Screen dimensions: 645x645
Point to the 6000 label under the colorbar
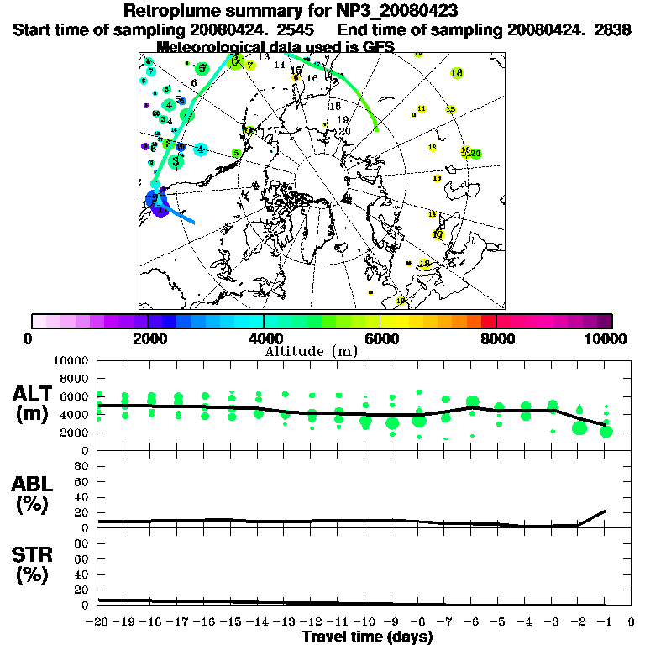(x=380, y=339)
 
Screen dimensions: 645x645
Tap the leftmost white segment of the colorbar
(x=39, y=321)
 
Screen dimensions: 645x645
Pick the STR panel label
(x=34, y=564)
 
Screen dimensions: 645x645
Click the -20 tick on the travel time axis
(x=98, y=622)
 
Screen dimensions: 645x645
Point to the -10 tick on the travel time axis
(x=364, y=622)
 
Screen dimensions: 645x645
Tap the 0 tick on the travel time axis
(x=632, y=622)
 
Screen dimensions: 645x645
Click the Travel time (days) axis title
(x=367, y=637)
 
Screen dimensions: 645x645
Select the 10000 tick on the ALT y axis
(x=71, y=360)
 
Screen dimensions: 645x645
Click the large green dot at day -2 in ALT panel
(x=579, y=428)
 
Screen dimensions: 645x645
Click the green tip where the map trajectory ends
(x=375, y=128)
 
